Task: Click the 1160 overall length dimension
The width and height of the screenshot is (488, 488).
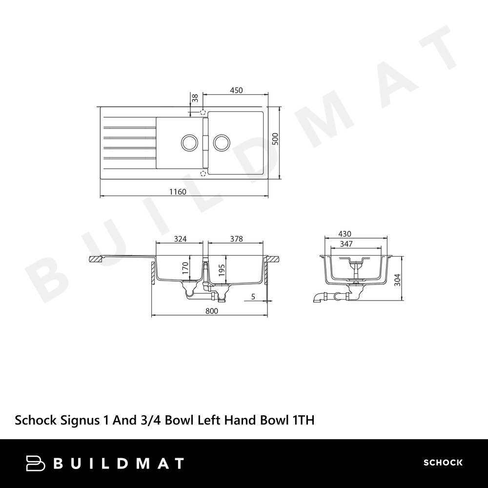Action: coord(178,192)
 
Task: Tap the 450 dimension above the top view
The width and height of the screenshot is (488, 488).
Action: coord(236,90)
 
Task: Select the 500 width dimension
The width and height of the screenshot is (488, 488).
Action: coord(275,139)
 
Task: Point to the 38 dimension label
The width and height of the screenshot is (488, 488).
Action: coord(195,98)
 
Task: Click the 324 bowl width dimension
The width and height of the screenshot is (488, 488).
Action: coord(180,239)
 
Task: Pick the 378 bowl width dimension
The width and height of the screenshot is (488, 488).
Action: coord(236,239)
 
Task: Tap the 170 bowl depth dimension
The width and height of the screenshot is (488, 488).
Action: coord(185,268)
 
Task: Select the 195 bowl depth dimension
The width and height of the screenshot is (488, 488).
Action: coord(222,270)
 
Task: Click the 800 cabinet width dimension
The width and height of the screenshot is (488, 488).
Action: coord(212,311)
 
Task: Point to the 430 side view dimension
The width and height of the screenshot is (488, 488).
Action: coord(345,234)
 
